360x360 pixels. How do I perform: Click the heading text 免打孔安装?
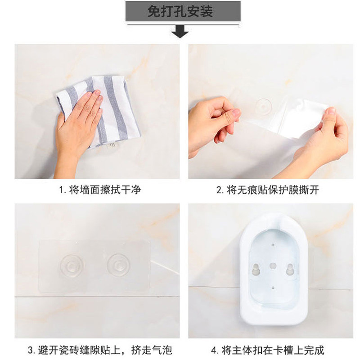[180, 11]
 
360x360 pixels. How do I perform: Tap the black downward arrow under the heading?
[180, 31]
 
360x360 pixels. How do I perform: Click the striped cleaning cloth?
[99, 110]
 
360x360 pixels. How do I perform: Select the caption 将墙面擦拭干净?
[105, 190]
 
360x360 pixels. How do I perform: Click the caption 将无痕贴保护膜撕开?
[273, 190]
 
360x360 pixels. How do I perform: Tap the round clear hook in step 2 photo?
[264, 107]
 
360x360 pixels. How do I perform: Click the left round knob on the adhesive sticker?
[72, 265]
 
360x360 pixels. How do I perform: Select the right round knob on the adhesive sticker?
[119, 265]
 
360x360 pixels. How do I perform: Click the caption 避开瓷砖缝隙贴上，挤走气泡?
[105, 351]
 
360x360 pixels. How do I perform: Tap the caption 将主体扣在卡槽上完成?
[273, 351]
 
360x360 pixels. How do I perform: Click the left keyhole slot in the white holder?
[255, 269]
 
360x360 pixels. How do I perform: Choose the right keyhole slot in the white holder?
[290, 269]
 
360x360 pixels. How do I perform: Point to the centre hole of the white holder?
[273, 266]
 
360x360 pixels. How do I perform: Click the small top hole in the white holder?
[273, 245]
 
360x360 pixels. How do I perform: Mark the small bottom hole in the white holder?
[273, 288]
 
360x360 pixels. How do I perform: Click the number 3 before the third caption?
[30, 351]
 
